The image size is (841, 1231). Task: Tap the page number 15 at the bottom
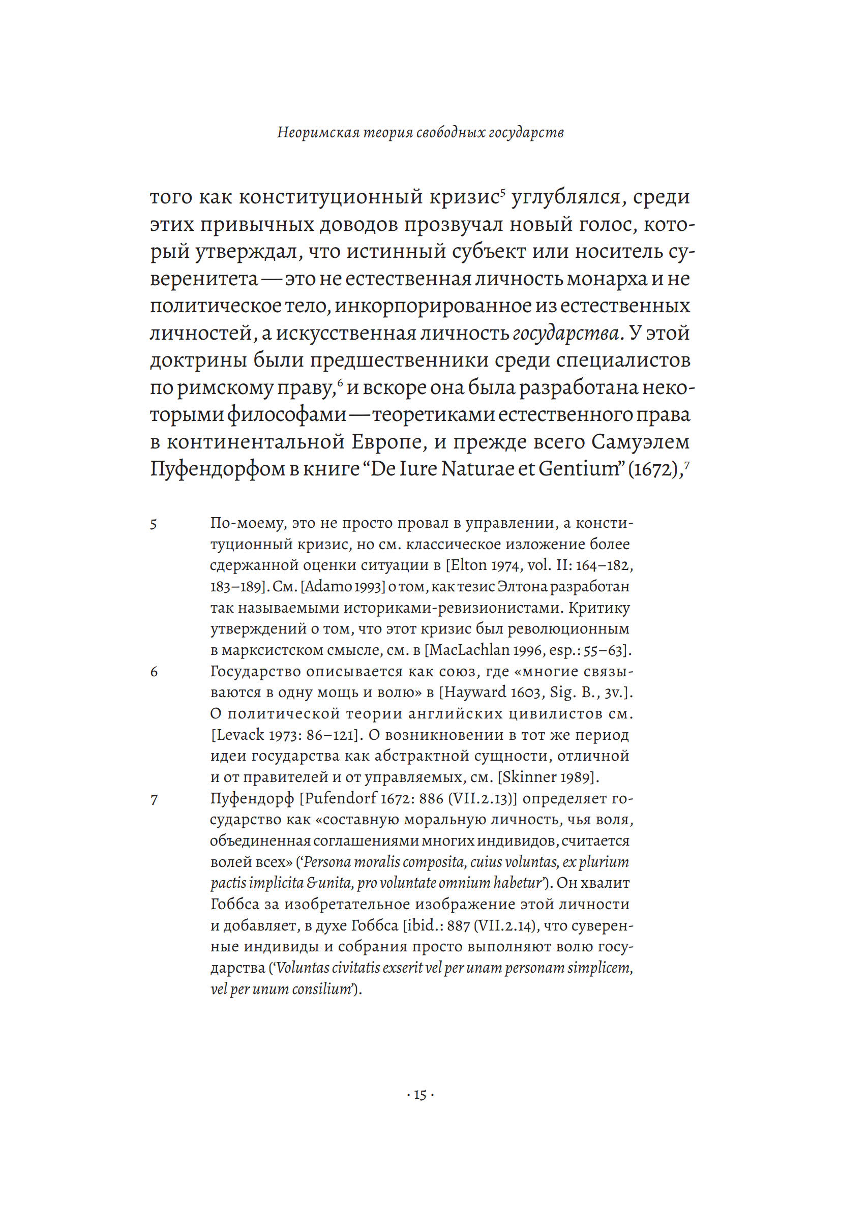[x=420, y=1095]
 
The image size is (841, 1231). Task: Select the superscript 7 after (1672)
[x=687, y=464]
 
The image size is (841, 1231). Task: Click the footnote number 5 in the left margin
[x=154, y=524]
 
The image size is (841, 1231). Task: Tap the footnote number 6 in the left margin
[x=154, y=673]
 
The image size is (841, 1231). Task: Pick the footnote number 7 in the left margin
[x=154, y=800]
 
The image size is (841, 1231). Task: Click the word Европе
[x=389, y=442]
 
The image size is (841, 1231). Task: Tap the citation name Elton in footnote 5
[x=469, y=565]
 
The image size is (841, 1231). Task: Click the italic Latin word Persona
[x=327, y=862]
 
